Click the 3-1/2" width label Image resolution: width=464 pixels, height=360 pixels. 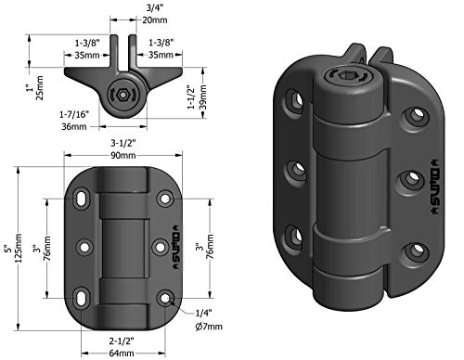(123, 144)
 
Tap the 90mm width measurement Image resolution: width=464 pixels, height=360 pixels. (123, 155)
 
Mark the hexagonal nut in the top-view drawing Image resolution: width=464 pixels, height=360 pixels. (119, 95)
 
